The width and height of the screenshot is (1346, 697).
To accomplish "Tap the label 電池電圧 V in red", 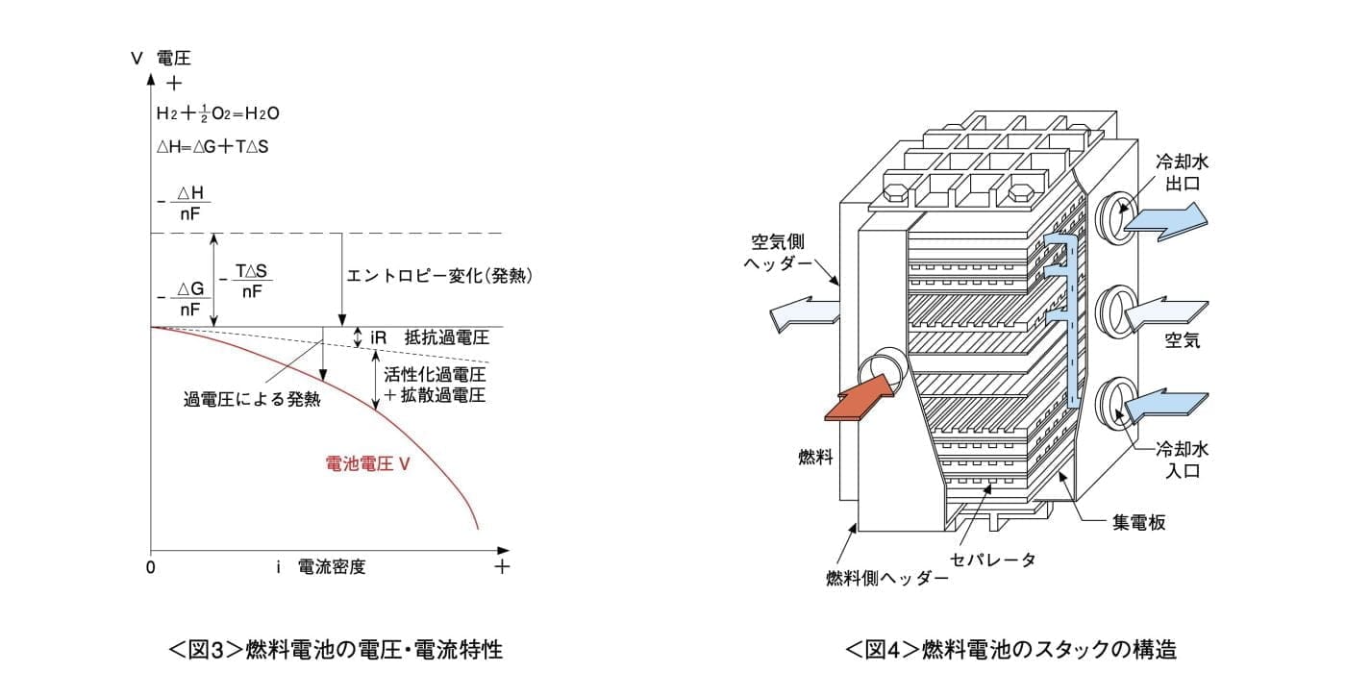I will [368, 463].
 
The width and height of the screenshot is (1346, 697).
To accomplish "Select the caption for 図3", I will [336, 649].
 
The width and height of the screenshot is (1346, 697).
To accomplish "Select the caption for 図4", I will [1010, 649].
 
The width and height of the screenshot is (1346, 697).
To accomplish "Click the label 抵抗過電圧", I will [447, 337].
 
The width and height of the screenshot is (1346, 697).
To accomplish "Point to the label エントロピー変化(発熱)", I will [440, 276].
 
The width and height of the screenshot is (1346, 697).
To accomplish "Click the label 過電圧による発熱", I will [252, 399].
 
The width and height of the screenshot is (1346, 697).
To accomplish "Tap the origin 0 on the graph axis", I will [151, 566].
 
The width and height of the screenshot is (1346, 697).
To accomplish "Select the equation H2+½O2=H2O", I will [217, 113].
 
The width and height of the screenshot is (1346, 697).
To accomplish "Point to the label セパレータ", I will [992, 560].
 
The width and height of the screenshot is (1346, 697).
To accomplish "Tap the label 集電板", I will [1142, 523].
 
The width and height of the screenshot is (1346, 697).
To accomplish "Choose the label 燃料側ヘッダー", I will [886, 579].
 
